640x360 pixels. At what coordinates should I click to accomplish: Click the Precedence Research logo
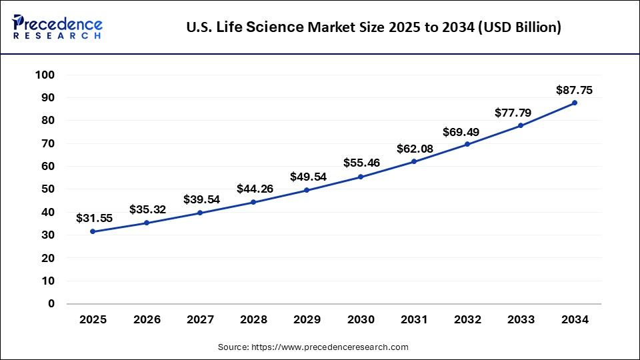[57, 27]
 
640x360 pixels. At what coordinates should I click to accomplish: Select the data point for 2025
[93, 231]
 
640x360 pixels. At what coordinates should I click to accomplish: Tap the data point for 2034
[574, 103]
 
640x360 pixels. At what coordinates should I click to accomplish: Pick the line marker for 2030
[361, 177]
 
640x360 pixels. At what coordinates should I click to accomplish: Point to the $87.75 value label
[574, 90]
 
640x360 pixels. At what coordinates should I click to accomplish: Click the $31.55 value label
[93, 218]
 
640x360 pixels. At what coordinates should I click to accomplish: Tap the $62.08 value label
[414, 148]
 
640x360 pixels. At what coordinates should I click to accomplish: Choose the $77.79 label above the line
[513, 113]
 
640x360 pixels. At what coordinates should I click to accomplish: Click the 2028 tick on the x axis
[253, 320]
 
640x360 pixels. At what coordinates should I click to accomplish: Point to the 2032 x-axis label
[467, 320]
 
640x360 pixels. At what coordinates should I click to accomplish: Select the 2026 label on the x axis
[147, 320]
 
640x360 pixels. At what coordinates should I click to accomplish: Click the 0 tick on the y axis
[51, 304]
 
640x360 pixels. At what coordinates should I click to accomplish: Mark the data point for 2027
[200, 213]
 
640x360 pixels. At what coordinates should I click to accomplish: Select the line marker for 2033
[521, 125]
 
